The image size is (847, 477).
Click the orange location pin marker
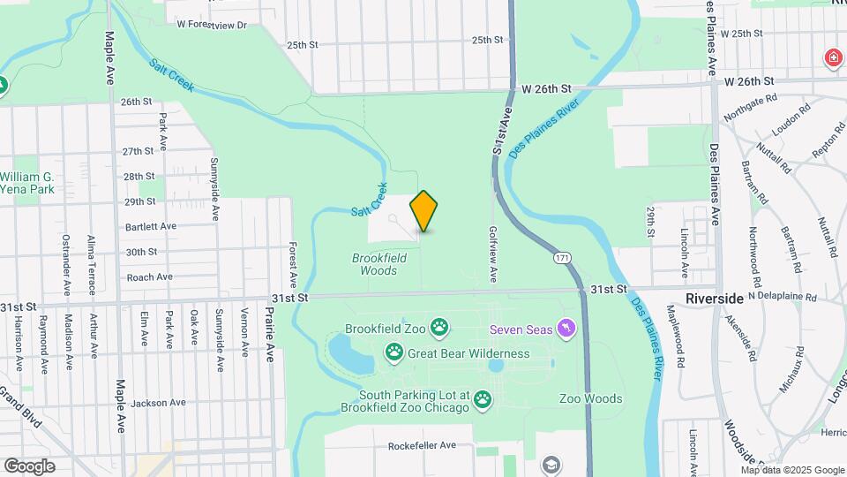tap(424, 211)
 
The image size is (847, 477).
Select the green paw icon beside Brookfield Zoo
tap(439, 329)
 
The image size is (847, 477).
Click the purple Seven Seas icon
tap(566, 329)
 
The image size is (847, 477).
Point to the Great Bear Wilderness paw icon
tap(394, 354)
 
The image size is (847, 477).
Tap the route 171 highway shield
tap(561, 258)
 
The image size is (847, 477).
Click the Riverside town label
tap(715, 299)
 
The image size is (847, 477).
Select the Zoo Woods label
tap(590, 398)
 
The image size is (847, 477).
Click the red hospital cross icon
tap(832, 58)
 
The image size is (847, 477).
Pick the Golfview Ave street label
tap(492, 254)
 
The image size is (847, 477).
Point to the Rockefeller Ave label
tap(422, 445)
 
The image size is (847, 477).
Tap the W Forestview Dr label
tap(212, 25)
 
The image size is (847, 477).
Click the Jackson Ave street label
tap(158, 403)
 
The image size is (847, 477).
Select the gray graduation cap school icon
tap(551, 465)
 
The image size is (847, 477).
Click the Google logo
tap(29, 466)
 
